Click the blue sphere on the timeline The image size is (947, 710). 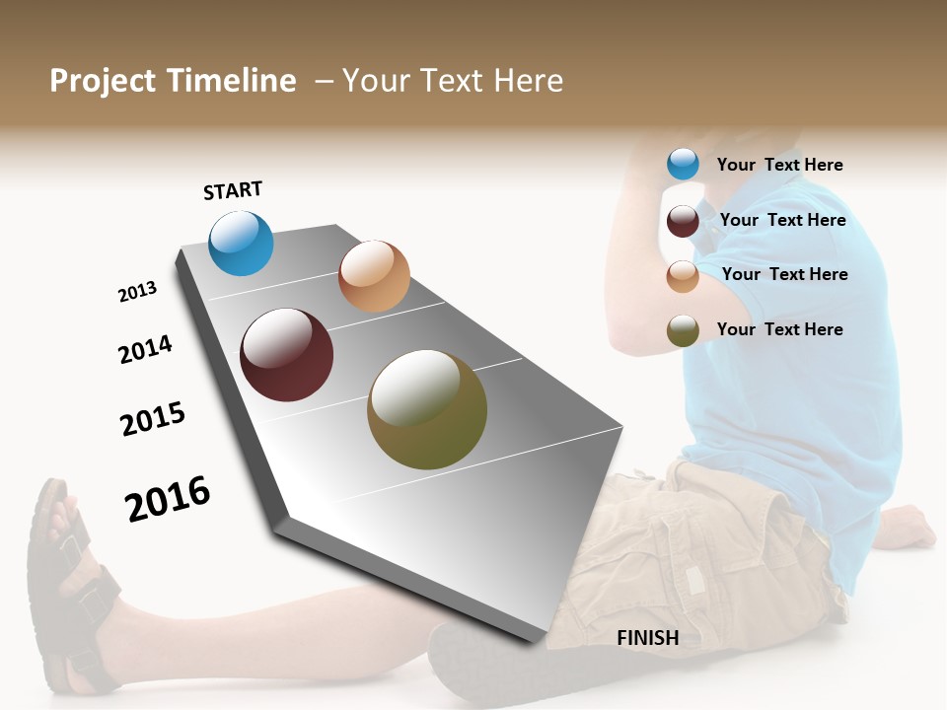click(x=241, y=243)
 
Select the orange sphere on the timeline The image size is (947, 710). click(x=374, y=276)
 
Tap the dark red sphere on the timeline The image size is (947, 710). click(x=287, y=355)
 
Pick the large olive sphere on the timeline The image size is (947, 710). click(x=427, y=409)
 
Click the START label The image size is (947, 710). click(x=233, y=190)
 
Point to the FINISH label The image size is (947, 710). click(x=648, y=638)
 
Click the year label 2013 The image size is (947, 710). click(x=137, y=292)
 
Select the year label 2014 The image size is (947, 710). click(x=145, y=349)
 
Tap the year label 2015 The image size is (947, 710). click(x=153, y=419)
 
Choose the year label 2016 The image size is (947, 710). click(x=168, y=499)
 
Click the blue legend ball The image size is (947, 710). click(x=683, y=164)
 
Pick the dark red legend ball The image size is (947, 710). click(x=683, y=221)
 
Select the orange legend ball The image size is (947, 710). click(x=683, y=276)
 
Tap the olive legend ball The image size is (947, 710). click(x=683, y=330)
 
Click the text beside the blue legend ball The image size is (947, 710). click(x=779, y=165)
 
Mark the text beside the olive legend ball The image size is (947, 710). click(x=779, y=329)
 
